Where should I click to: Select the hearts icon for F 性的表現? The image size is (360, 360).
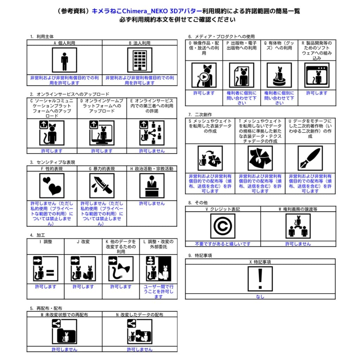[x=52, y=185]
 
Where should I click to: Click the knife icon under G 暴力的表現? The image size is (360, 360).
[x=102, y=185]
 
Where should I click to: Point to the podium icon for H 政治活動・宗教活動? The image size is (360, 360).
[x=152, y=185]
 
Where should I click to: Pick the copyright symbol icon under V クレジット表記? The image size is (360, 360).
[x=223, y=226]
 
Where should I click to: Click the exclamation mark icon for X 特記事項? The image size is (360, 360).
[x=260, y=279]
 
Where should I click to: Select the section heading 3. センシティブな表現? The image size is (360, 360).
[x=52, y=162]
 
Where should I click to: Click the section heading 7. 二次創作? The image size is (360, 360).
[x=200, y=114]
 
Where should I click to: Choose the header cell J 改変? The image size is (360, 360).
[x=83, y=242]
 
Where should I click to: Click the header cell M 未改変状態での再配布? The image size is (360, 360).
[x=64, y=315]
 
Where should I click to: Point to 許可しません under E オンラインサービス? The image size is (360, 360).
[x=152, y=151]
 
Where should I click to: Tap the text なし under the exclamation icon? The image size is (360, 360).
[x=260, y=296]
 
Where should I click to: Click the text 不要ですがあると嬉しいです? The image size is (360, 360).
[x=223, y=244]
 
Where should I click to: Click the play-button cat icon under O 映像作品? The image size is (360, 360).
[x=204, y=75]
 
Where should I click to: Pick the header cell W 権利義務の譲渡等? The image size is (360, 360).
[x=298, y=209]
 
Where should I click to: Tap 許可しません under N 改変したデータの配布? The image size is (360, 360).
[x=140, y=349]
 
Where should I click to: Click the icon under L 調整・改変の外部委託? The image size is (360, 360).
[x=158, y=269]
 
